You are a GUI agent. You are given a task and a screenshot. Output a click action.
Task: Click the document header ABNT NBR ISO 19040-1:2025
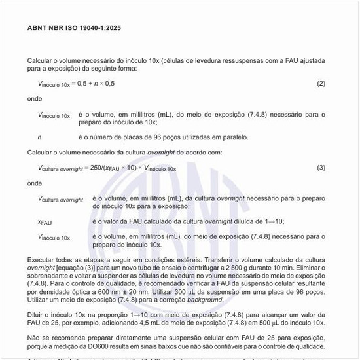[74, 27]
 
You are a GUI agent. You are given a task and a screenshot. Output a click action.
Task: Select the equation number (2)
[321, 84]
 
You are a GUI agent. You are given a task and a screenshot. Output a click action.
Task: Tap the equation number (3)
[321, 168]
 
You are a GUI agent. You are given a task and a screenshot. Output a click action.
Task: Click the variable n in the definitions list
[40, 137]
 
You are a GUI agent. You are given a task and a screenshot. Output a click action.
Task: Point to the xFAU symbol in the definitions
[45, 222]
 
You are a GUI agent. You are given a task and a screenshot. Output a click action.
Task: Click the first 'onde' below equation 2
[35, 99]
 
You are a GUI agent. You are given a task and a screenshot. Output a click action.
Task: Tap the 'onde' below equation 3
[35, 183]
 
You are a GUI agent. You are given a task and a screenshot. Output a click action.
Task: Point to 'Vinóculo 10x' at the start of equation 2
[55, 84]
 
